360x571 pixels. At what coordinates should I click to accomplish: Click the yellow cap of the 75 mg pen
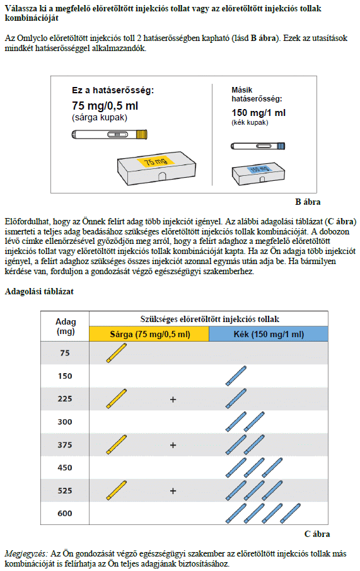click(x=141, y=135)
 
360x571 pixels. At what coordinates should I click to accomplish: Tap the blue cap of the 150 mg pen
click(x=281, y=146)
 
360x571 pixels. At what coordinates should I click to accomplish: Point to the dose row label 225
click(x=65, y=399)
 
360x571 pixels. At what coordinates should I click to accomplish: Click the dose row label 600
click(x=65, y=514)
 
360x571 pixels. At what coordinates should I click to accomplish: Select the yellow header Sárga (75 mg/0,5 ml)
click(x=149, y=334)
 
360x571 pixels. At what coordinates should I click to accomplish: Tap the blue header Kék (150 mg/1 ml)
click(x=269, y=334)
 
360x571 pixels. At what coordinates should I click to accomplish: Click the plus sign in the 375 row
click(x=173, y=445)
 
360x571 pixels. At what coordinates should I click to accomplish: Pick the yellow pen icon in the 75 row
click(x=117, y=353)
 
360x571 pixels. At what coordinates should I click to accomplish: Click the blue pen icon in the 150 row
click(x=236, y=376)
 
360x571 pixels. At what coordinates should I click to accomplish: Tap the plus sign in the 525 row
click(x=173, y=491)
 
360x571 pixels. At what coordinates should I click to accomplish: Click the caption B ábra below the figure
click(x=308, y=202)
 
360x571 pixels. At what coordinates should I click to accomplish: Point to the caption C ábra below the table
click(x=317, y=534)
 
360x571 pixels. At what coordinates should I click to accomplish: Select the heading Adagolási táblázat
click(x=39, y=292)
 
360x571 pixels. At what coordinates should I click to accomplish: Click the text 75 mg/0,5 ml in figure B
click(x=105, y=106)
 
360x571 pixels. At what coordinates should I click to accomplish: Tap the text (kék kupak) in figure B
click(x=250, y=123)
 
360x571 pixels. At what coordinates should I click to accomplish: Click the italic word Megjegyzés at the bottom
click(x=26, y=554)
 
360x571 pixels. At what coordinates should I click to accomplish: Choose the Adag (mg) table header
click(x=66, y=326)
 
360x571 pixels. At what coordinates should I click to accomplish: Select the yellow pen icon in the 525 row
click(x=117, y=490)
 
